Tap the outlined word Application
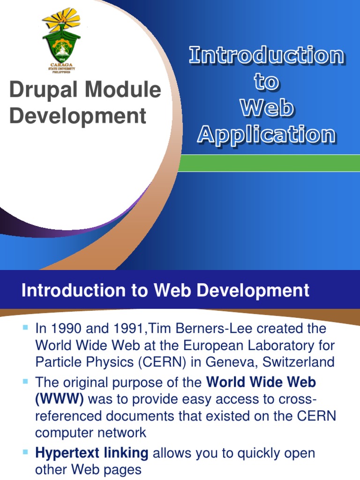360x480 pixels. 266,135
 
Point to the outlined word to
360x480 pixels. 266,82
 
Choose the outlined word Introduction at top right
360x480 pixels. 266,56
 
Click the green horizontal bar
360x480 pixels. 270,163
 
